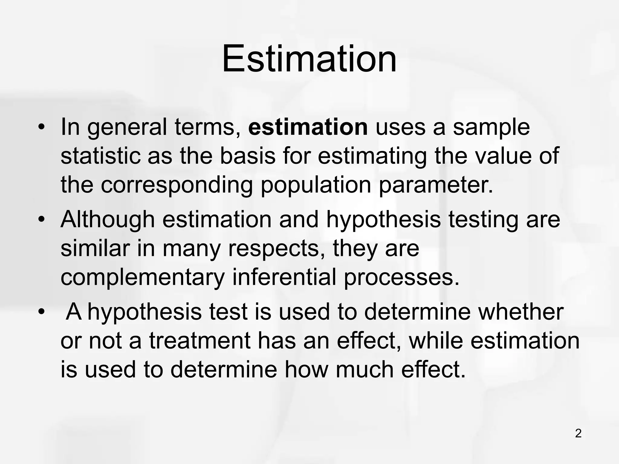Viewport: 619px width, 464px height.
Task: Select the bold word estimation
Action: pyautogui.click(x=308, y=127)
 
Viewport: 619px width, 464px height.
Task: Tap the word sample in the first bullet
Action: pyautogui.click(x=491, y=127)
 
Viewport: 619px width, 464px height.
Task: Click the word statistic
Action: pyautogui.click(x=100, y=156)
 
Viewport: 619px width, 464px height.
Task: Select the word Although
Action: pyautogui.click(x=108, y=219)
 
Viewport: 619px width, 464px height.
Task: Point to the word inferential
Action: pyautogui.click(x=284, y=277)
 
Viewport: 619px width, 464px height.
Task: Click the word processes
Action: pyautogui.click(x=402, y=277)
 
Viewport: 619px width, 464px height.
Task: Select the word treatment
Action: pyautogui.click(x=200, y=341)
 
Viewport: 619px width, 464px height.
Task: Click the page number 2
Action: pyautogui.click(x=578, y=434)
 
